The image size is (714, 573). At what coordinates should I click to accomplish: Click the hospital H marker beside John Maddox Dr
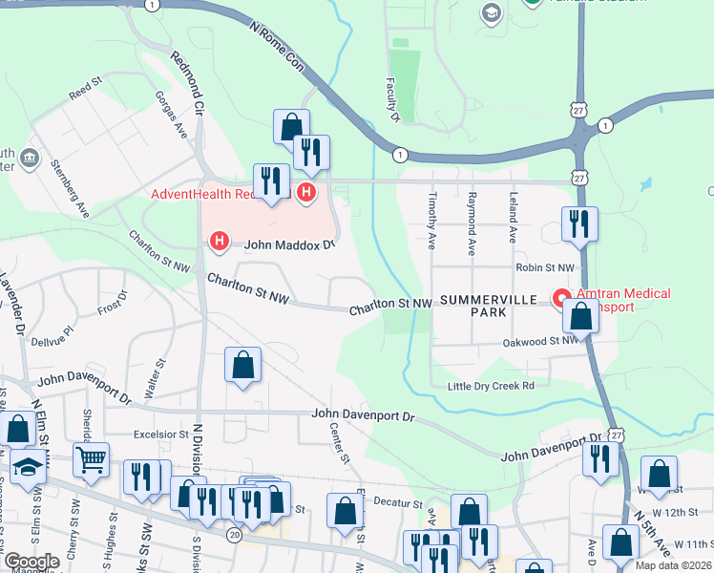pyautogui.click(x=220, y=242)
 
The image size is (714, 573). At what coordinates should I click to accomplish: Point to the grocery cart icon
pyautogui.click(x=91, y=459)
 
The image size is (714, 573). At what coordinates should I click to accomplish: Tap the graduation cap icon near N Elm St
pyautogui.click(x=29, y=468)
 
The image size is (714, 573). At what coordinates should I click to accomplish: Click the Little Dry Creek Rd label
pyautogui.click(x=493, y=386)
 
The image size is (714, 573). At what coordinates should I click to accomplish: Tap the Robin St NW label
pyautogui.click(x=545, y=268)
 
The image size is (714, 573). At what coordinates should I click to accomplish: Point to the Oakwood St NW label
pyautogui.click(x=540, y=340)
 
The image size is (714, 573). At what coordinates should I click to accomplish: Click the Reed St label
pyautogui.click(x=85, y=89)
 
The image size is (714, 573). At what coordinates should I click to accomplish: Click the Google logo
pyautogui.click(x=31, y=562)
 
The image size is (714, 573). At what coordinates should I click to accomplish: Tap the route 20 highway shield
pyautogui.click(x=235, y=535)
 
